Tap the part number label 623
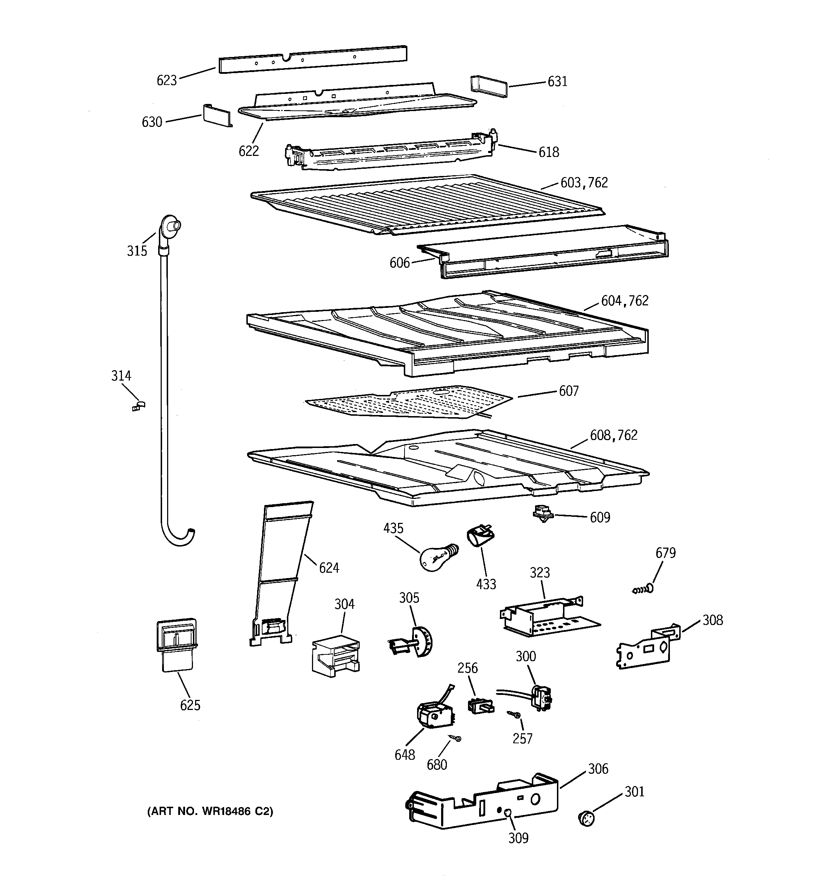point(166,81)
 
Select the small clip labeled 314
point(139,406)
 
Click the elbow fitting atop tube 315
point(170,227)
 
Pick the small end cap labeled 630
point(217,115)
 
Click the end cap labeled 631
point(488,86)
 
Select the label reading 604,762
point(624,301)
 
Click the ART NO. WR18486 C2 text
point(210,811)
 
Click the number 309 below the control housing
point(518,838)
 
